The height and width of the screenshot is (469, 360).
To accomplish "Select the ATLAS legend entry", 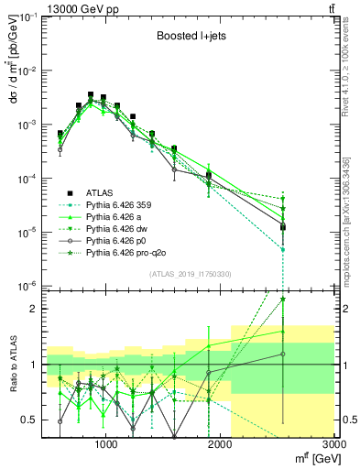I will coord(100,192).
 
